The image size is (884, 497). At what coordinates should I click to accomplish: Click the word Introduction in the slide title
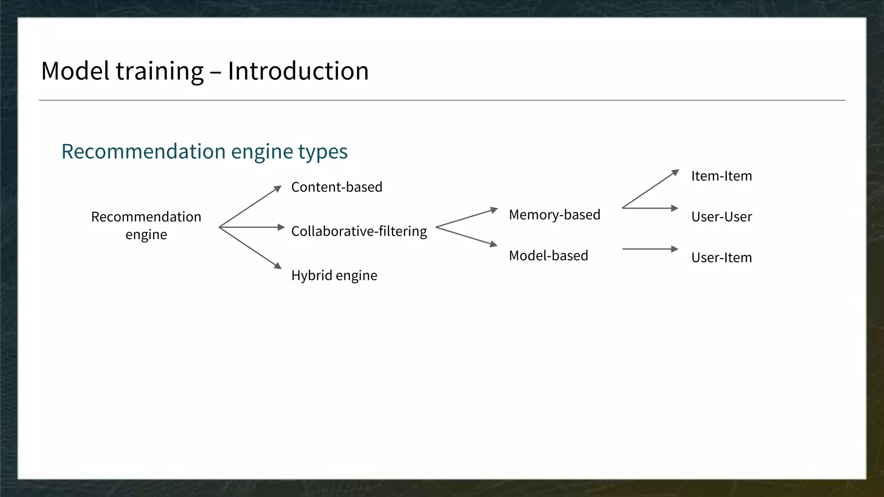(298, 71)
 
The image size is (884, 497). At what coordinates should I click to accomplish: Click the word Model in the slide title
(75, 71)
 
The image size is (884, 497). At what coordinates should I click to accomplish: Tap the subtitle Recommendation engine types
(204, 151)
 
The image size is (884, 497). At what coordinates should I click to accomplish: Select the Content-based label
(337, 187)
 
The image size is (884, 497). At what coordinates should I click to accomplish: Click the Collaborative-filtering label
(359, 231)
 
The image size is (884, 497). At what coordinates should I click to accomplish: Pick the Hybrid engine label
(334, 275)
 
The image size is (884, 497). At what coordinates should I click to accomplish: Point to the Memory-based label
(554, 214)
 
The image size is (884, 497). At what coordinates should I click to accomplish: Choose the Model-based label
(548, 255)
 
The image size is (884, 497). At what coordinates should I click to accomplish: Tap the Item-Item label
(721, 176)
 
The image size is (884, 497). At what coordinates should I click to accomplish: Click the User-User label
(721, 217)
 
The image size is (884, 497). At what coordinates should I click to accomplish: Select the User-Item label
(721, 258)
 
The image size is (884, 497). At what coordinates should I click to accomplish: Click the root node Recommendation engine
(146, 225)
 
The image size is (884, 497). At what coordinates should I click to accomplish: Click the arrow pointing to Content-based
(250, 206)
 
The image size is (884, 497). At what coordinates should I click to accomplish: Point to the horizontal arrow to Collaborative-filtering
(252, 227)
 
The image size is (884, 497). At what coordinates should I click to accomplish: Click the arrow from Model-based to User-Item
(650, 249)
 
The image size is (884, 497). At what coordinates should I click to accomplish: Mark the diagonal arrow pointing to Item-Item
(650, 189)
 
